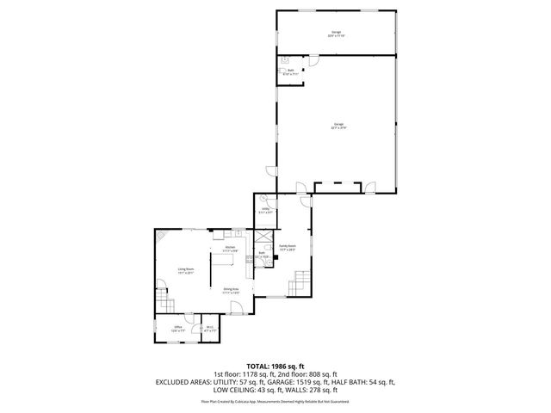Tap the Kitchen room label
(230, 249)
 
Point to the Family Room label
(287, 248)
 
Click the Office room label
(178, 328)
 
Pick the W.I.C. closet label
(209, 328)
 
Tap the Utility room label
(266, 210)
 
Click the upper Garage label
(336, 34)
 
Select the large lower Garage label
(339, 126)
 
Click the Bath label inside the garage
(291, 73)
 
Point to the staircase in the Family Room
(301, 281)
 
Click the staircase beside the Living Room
(164, 301)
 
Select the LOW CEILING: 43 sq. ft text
(226, 388)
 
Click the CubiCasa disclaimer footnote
(275, 401)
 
